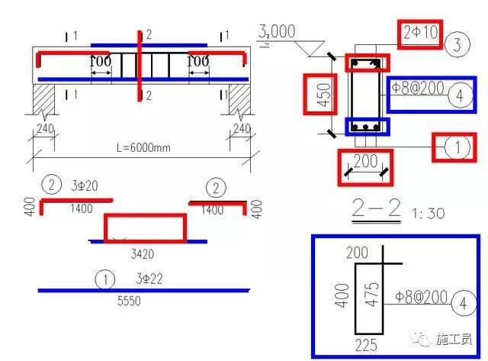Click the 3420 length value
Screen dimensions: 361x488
click(x=144, y=252)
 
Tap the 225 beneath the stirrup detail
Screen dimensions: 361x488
click(x=366, y=345)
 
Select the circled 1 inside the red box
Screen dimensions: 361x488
click(x=457, y=148)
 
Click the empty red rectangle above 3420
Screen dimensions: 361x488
click(x=145, y=227)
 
